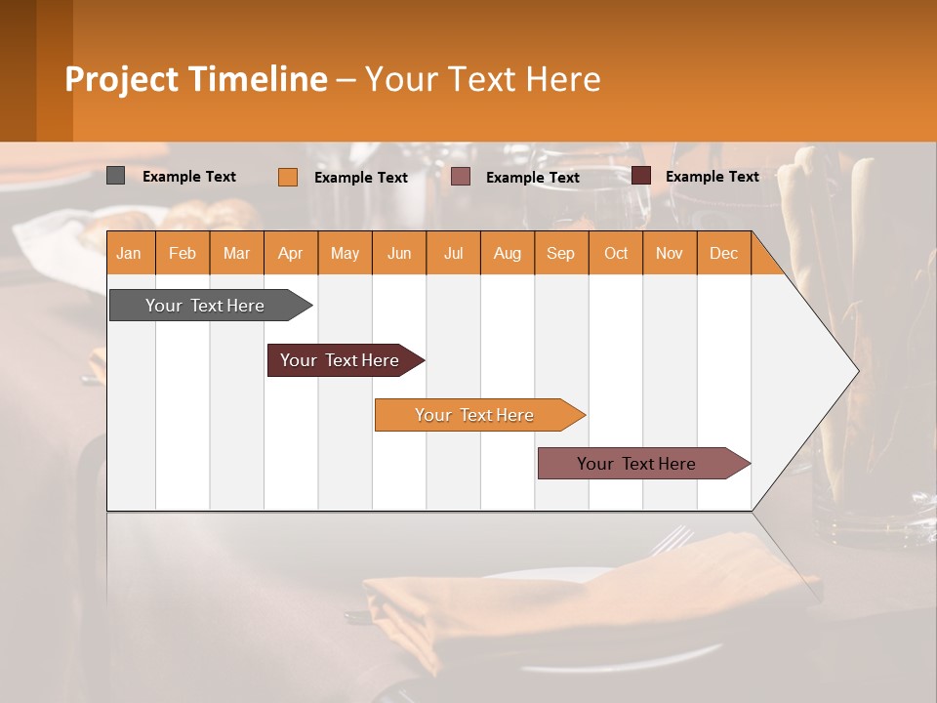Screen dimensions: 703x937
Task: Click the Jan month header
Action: [129, 253]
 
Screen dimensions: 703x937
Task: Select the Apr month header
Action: [291, 253]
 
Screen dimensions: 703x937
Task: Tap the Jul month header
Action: [454, 253]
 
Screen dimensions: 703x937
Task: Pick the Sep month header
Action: [561, 253]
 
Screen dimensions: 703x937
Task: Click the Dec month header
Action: [724, 253]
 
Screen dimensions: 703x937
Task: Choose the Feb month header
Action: [183, 253]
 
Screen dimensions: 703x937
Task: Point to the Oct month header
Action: [616, 253]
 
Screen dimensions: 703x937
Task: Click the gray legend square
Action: [115, 176]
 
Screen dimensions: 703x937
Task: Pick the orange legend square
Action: [287, 177]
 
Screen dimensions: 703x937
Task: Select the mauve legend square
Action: [461, 177]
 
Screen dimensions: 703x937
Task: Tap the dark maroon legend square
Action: [640, 176]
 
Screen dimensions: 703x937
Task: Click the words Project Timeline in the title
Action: [196, 79]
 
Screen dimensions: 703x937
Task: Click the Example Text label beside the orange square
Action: [361, 178]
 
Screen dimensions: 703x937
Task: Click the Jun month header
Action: [399, 253]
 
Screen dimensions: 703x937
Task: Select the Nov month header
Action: [670, 253]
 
